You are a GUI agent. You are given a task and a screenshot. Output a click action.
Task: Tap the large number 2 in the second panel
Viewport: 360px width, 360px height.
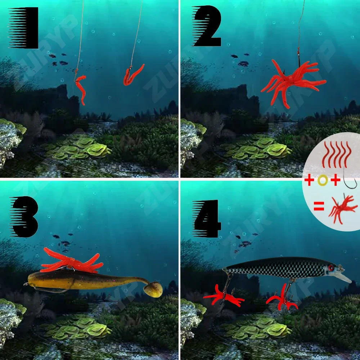207,27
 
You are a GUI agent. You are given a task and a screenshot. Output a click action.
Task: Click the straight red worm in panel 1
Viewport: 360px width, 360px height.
81,88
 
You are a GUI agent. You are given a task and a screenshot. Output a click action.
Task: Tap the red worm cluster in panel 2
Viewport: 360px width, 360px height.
292,81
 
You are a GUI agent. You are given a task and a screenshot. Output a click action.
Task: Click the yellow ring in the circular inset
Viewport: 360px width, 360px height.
322,180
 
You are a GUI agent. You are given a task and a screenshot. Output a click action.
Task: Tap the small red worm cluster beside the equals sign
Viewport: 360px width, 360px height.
342,208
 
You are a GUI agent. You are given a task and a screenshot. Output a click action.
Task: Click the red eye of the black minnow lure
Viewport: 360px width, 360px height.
330,267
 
